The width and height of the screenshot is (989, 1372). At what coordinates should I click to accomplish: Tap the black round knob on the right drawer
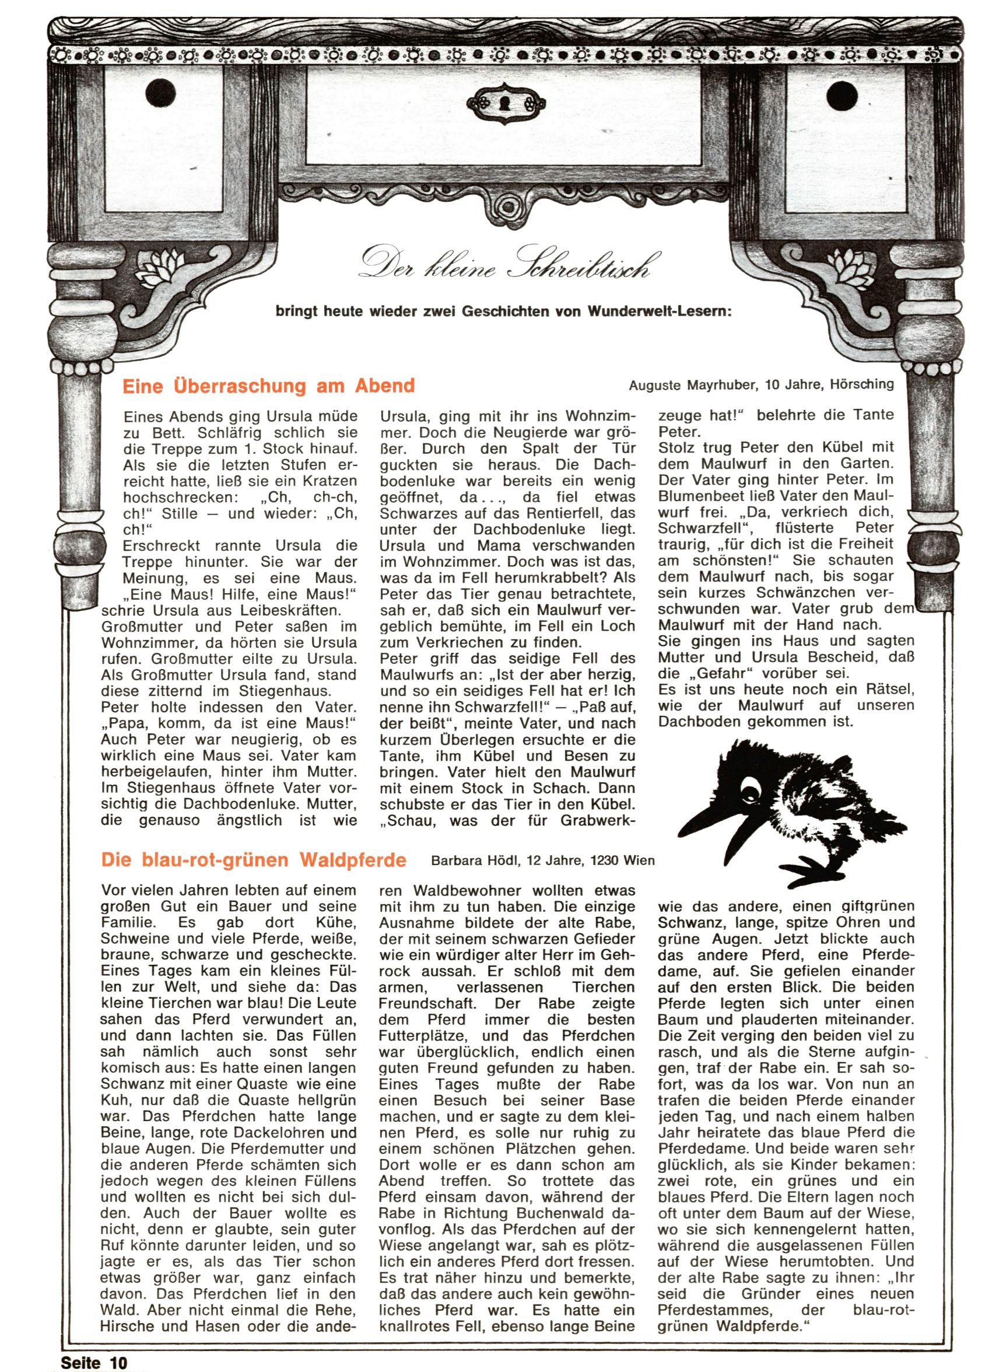tap(843, 94)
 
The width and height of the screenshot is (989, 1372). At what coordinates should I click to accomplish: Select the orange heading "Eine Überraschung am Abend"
tap(269, 386)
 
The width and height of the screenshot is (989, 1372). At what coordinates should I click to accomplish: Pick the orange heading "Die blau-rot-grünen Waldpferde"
tap(254, 860)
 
